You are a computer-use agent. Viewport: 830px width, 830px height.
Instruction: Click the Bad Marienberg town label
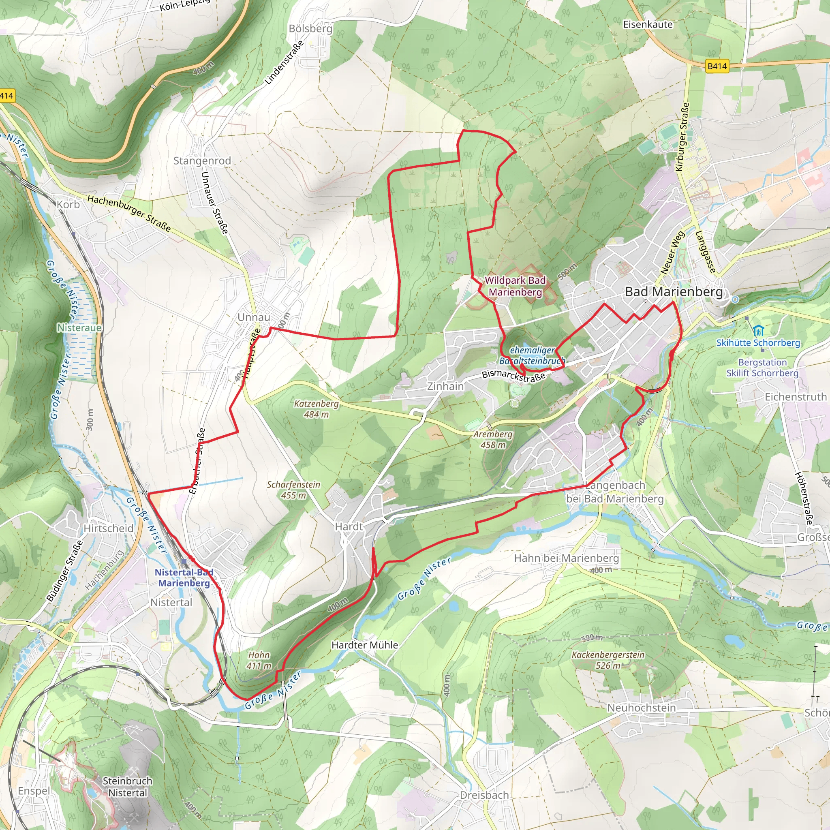674,292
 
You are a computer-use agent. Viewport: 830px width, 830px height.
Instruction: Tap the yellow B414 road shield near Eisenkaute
717,66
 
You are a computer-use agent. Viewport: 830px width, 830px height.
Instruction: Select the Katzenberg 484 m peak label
316,409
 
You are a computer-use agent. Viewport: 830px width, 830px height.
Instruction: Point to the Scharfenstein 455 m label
293,490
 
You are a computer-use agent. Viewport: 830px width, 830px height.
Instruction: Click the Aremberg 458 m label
493,439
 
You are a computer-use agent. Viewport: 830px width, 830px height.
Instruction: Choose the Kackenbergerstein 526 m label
608,660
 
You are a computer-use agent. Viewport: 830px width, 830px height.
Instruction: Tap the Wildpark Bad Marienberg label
515,286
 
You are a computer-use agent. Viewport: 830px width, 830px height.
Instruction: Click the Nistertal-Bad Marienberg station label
184,578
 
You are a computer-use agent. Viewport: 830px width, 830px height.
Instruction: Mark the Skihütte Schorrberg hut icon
758,331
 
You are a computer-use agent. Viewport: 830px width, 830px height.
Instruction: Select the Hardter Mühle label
364,645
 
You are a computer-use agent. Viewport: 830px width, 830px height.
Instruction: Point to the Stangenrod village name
202,160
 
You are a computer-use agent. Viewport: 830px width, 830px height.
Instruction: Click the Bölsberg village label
310,29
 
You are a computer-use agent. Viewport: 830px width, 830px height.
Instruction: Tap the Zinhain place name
445,386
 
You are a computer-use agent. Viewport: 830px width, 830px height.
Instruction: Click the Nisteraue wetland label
79,328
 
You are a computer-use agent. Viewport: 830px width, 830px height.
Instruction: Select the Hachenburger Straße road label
129,213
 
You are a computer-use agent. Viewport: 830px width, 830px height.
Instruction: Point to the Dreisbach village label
484,795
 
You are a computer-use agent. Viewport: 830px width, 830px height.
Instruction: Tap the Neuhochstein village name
641,708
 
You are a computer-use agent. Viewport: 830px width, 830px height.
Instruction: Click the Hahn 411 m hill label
259,660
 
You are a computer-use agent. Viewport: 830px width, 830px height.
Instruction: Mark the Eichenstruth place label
795,396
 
